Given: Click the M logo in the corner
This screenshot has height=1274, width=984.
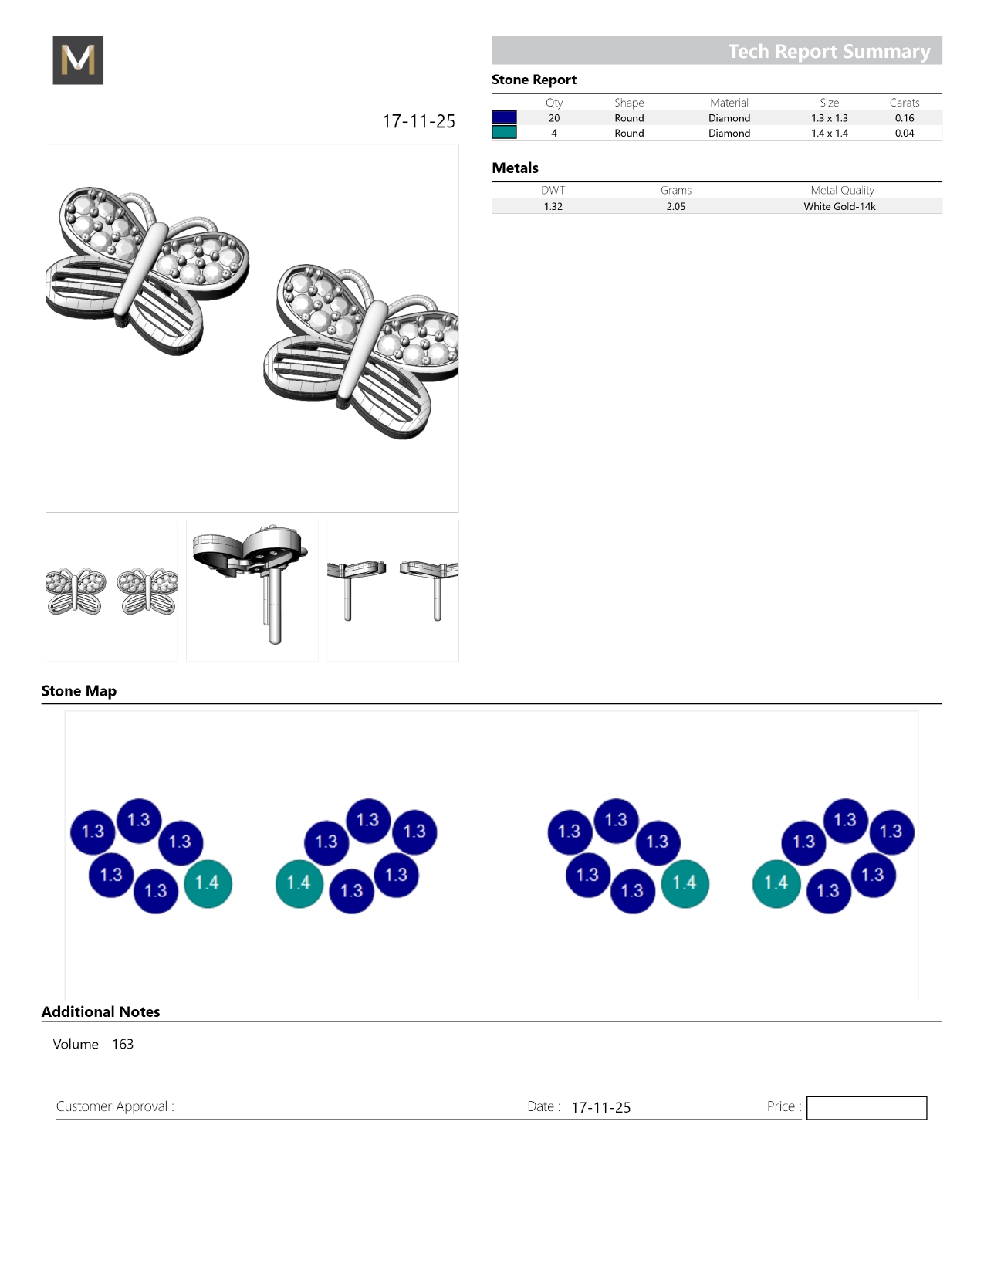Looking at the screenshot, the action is (x=78, y=59).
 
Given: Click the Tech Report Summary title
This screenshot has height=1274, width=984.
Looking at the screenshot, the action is (x=829, y=51).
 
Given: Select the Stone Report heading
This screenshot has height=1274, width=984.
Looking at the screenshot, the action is (x=534, y=80).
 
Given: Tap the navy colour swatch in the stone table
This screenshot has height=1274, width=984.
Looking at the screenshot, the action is (x=504, y=117).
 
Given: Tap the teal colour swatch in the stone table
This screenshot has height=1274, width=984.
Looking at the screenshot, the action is (x=504, y=133).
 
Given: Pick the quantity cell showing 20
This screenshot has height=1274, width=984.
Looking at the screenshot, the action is (x=554, y=118).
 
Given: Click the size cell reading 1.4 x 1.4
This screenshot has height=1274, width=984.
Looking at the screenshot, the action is (x=830, y=133).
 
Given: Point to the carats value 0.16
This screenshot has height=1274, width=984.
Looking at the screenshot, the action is (x=905, y=118).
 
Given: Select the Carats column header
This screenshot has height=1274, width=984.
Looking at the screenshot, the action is (x=905, y=103).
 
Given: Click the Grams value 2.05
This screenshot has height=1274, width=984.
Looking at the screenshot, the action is (x=676, y=206).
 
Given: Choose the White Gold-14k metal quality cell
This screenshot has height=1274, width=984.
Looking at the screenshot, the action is (x=839, y=206).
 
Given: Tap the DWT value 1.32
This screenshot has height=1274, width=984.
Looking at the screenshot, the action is (x=553, y=206).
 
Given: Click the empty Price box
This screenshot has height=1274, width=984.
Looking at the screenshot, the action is (x=866, y=1107).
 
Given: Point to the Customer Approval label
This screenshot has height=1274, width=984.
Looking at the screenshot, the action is (x=115, y=1106).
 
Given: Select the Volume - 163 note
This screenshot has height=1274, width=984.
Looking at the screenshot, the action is (x=93, y=1044).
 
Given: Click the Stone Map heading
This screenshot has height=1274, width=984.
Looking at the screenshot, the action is (x=79, y=690).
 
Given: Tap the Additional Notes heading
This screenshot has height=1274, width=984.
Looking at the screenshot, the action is (x=101, y=1011).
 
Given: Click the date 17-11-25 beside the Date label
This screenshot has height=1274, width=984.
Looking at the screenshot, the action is (x=600, y=1107).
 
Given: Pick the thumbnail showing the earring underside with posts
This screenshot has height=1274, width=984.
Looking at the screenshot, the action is (x=252, y=591).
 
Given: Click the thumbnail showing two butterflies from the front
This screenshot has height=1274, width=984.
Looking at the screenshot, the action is (x=111, y=591).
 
